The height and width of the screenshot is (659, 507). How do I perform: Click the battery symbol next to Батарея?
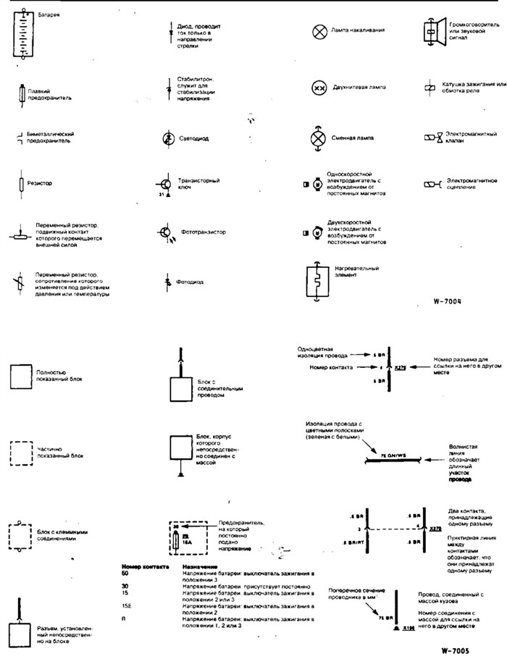click(25, 36)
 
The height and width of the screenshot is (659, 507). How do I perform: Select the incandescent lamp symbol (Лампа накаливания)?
click(317, 32)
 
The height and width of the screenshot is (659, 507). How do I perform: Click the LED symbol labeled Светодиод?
click(168, 138)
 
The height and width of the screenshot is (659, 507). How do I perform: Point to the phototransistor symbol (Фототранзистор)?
click(166, 233)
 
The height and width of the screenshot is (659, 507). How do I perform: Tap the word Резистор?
click(40, 184)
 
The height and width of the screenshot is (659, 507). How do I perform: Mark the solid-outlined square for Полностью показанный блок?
click(22, 377)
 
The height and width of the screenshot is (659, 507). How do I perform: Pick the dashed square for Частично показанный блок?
click(21, 454)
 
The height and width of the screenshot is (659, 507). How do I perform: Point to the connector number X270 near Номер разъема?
click(401, 368)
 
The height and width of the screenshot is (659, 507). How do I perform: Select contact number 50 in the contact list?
click(125, 573)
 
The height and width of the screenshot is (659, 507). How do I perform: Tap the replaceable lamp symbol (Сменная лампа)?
click(317, 138)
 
